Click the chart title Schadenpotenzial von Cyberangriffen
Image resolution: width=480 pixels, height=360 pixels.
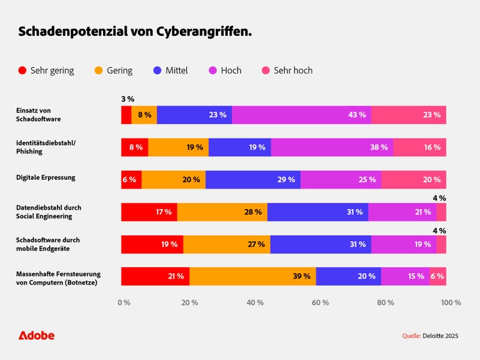point(135,31)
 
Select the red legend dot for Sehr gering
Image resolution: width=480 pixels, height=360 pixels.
point(22,70)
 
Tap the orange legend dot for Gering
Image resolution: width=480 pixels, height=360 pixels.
point(99,70)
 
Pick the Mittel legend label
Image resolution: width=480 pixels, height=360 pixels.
point(177,70)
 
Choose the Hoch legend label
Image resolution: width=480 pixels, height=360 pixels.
point(231,70)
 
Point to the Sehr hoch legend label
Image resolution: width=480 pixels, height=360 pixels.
point(293,70)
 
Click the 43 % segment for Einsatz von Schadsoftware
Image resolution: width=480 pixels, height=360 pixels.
point(301,115)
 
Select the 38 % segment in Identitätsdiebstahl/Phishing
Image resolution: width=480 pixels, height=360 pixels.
point(332,147)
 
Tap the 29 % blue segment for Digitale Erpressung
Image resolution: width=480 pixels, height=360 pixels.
point(253,180)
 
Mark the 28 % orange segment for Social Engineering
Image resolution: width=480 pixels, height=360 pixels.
point(222,212)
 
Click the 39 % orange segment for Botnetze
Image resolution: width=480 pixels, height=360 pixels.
point(253,276)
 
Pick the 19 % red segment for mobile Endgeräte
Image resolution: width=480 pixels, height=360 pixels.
point(152,244)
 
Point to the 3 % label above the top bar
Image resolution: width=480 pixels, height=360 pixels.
point(127,99)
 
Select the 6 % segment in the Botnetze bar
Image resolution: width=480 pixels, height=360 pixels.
point(438,276)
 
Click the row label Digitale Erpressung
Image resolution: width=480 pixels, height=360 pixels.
point(45,177)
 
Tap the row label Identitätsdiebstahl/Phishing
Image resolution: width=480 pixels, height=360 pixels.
point(45,147)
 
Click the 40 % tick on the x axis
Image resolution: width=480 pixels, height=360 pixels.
point(255,302)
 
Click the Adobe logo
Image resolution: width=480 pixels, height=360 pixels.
point(36,335)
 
